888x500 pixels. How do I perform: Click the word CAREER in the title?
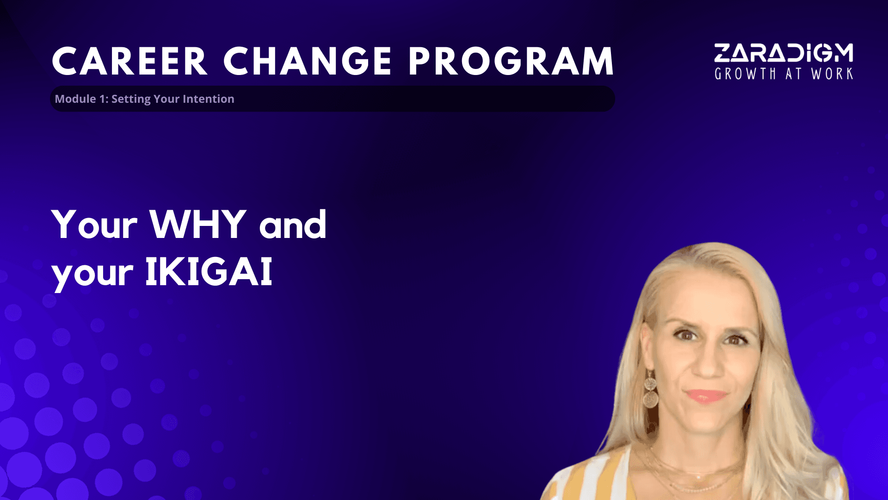click(x=129, y=61)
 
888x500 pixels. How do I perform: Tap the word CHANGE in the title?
click(x=308, y=61)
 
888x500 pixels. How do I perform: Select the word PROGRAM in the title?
click(x=511, y=61)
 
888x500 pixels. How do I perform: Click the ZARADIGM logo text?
click(x=783, y=53)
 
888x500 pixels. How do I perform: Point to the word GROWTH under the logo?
click(x=745, y=74)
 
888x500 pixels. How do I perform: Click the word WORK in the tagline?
click(x=832, y=74)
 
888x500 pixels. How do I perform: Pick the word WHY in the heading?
click(x=198, y=224)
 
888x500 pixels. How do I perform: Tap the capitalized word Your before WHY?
click(x=95, y=224)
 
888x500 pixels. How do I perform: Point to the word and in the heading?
click(x=293, y=224)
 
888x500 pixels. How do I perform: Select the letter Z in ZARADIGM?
click(x=722, y=53)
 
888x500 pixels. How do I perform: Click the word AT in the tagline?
click(x=794, y=74)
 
